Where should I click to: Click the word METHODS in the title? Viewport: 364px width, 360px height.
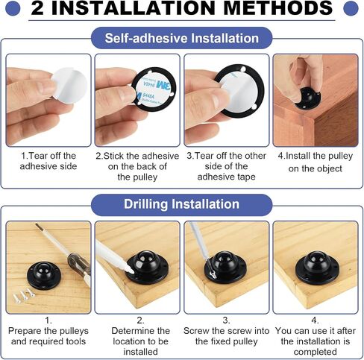coord(278,8)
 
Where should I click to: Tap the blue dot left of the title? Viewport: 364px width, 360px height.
coord(13,8)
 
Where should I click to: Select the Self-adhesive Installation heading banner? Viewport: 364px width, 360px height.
coord(182,38)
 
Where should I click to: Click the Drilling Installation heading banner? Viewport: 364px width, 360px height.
coord(182,204)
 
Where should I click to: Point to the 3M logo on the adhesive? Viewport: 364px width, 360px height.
coord(163,86)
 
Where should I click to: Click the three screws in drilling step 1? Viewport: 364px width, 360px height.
coord(24,295)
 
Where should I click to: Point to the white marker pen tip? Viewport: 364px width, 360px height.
coord(131,271)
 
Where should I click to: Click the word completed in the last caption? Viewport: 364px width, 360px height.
coord(316,352)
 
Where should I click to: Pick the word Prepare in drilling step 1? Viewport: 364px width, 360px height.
coord(25,331)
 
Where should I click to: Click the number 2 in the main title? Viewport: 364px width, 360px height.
coord(37,8)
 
